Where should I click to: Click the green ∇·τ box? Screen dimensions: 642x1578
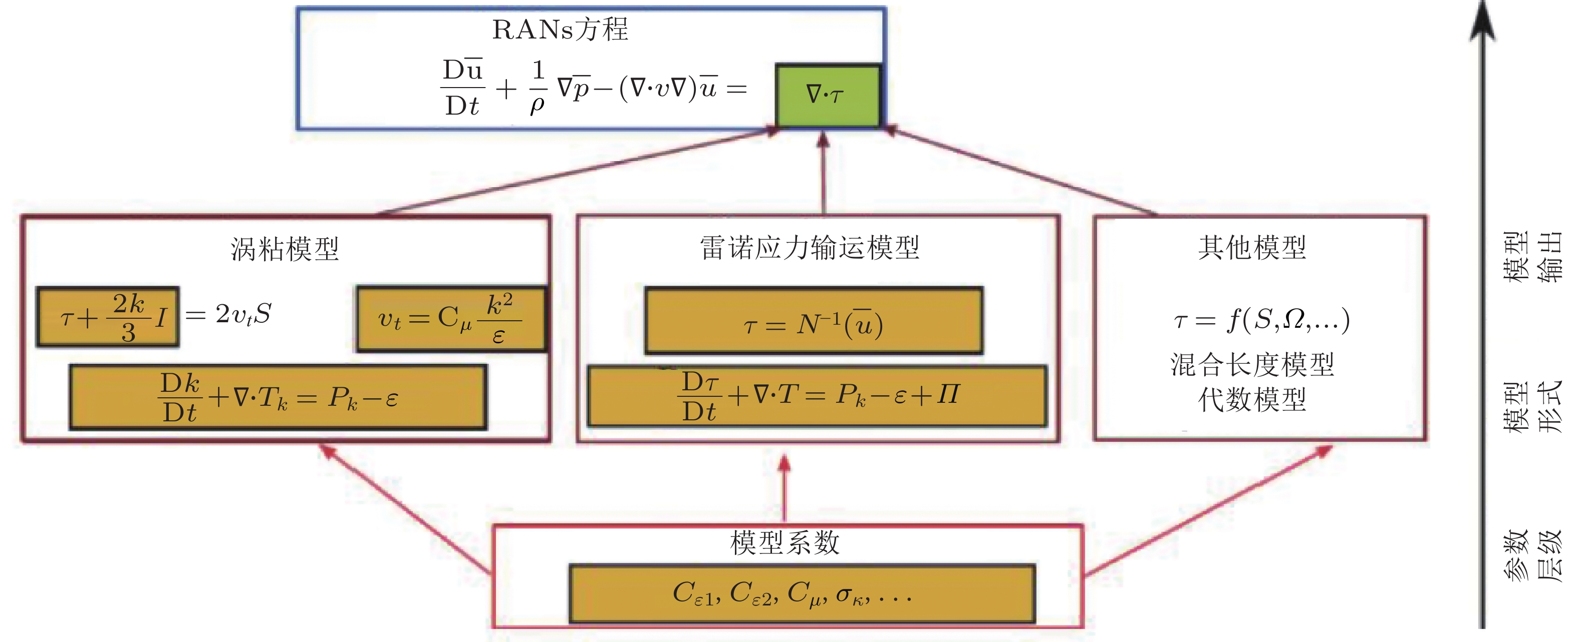click(828, 96)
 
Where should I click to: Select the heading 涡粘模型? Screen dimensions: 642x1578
click(285, 249)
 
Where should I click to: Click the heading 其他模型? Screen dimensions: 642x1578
click(1252, 247)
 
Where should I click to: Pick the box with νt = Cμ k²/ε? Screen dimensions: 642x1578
click(451, 319)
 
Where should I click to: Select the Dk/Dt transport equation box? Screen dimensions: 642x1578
click(278, 397)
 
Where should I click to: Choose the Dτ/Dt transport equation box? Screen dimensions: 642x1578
click(817, 396)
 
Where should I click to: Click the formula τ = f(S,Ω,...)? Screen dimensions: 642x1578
click(1261, 319)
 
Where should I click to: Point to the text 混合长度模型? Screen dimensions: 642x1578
click(1252, 365)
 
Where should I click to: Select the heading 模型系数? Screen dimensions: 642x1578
click(784, 542)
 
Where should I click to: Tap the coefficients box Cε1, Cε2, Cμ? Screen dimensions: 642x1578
click(802, 593)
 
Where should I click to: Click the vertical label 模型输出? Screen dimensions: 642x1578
click(1533, 256)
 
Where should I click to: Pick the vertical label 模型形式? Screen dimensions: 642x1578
click(1533, 406)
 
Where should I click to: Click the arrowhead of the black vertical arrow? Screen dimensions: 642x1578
click(1482, 22)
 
